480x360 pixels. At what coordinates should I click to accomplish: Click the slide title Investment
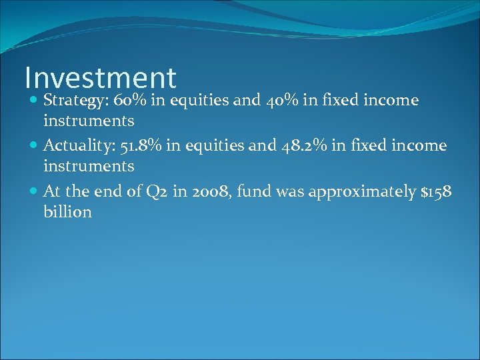tap(100, 78)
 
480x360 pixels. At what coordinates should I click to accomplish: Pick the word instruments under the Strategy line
tap(89, 121)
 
